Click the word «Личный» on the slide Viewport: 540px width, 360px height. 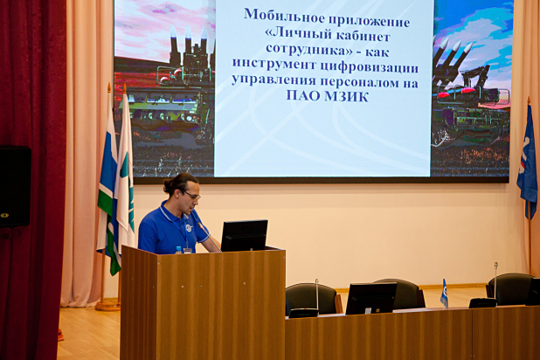(x=300, y=36)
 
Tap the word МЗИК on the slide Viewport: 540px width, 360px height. (x=346, y=96)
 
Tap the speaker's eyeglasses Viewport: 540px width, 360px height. (x=193, y=196)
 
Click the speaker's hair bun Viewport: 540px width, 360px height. (x=168, y=187)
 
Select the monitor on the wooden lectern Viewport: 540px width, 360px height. (x=244, y=236)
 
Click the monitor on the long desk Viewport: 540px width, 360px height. (x=370, y=298)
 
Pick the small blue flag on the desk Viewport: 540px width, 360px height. (x=444, y=294)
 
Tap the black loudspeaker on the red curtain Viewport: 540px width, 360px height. (x=15, y=186)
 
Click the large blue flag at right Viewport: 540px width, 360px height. (x=527, y=160)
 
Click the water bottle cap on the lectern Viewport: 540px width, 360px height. (x=178, y=248)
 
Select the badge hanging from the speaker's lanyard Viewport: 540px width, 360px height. (x=187, y=250)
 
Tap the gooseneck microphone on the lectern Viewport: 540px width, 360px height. (x=210, y=237)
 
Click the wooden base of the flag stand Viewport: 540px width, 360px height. (x=107, y=305)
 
